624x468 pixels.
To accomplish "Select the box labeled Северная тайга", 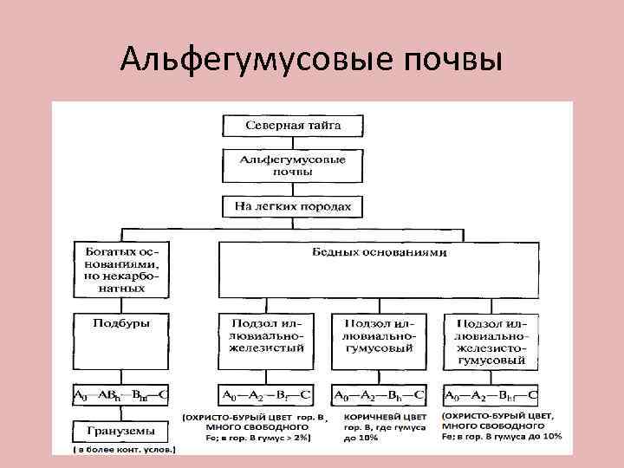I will coord(293,125).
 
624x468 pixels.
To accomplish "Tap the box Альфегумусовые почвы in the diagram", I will coord(293,166).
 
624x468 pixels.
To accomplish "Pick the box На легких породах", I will coord(293,207).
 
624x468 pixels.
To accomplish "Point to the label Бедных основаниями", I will coord(379,253).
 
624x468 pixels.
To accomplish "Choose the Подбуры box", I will coord(120,338).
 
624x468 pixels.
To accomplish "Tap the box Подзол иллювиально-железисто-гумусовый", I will coord(491,340).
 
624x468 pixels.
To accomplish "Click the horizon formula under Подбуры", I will coord(120,396).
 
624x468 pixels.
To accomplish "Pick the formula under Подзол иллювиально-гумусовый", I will coord(379,396).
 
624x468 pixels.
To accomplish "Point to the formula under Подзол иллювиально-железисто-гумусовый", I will coord(491,396).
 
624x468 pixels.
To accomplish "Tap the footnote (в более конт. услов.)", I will coord(123,450).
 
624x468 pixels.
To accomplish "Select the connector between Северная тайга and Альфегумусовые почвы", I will coord(293,143).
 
